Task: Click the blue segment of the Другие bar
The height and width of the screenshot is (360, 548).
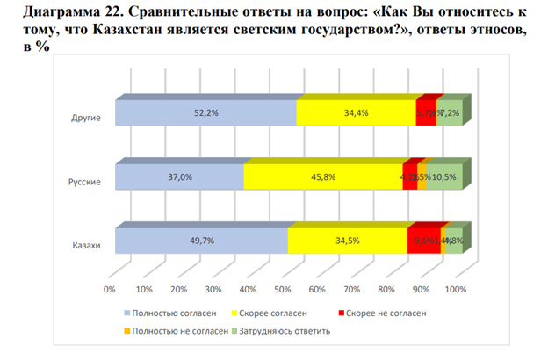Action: pyautogui.click(x=205, y=114)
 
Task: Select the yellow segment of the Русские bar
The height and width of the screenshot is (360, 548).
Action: pyautogui.click(x=323, y=177)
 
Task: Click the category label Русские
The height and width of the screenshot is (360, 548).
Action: pyautogui.click(x=85, y=182)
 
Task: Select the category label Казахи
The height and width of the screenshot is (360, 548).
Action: pyautogui.click(x=86, y=245)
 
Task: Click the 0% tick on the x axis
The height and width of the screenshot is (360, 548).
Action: pyautogui.click(x=111, y=288)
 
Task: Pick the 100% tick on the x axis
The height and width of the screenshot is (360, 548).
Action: pyautogui.click(x=456, y=288)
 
